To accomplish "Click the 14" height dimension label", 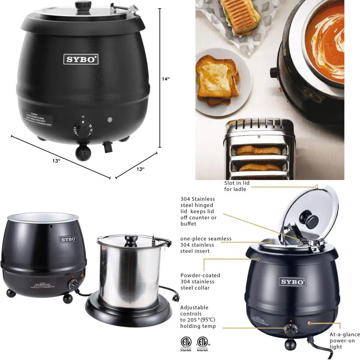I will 166,79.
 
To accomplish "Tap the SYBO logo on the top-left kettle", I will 81,59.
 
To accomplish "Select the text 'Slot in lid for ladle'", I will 237,186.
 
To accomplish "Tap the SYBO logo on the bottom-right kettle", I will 292,281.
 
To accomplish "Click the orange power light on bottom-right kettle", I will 309,323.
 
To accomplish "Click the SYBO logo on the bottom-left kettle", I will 68,239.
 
